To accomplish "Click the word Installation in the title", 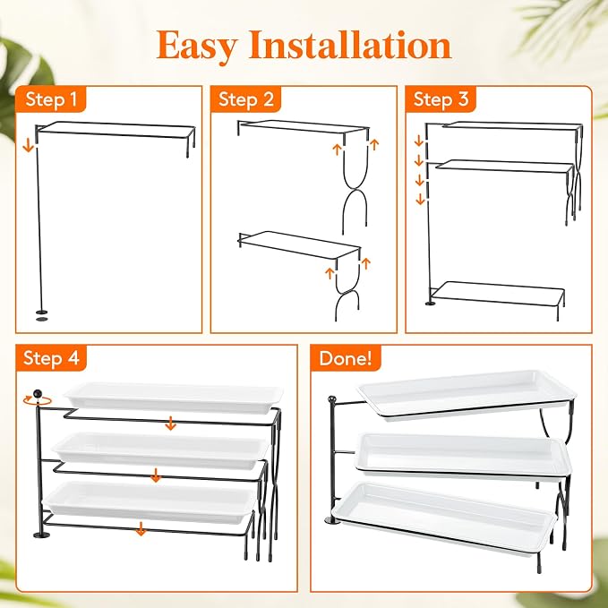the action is point(350,45).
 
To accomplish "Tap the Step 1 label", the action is point(51,99).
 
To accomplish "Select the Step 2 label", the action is point(246,99).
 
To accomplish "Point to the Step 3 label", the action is point(441,99).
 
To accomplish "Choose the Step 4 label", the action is point(51,357).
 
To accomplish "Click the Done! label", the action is point(346,357).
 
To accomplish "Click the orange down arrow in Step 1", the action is point(28,146).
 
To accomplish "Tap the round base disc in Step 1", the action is point(41,312).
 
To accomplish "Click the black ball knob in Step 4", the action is point(38,394).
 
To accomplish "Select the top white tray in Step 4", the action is point(174,398).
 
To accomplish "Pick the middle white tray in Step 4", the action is point(161,450).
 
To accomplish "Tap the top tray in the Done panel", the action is point(467,394).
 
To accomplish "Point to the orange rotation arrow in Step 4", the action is point(37,400).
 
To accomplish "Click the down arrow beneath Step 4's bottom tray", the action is point(141,529).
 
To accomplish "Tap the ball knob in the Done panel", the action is point(332,399).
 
